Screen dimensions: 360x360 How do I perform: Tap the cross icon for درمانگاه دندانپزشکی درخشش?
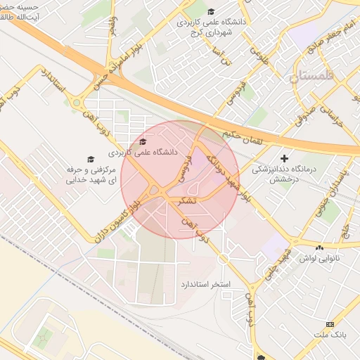284,158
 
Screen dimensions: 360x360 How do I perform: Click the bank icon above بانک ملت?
330,323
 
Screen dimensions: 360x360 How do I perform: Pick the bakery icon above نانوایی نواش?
321,247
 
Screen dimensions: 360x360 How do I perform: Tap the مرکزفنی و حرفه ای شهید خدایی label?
90,175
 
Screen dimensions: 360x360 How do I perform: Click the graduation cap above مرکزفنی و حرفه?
90,160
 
